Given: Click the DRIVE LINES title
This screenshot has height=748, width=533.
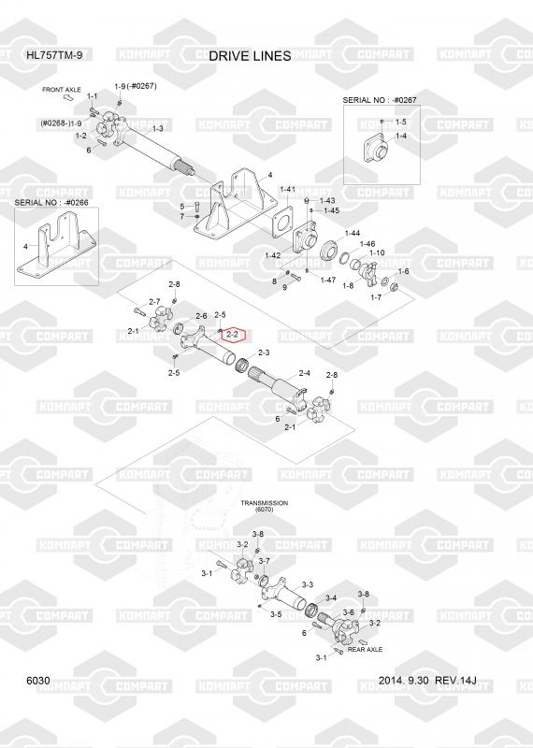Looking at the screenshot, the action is [x=250, y=56].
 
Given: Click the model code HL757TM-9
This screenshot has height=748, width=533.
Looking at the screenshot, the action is [x=54, y=55].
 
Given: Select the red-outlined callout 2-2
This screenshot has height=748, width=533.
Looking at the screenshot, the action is [x=234, y=335].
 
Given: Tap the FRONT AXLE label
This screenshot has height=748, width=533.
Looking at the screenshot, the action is [x=62, y=90].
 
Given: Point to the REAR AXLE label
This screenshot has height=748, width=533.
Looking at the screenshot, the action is [x=365, y=649].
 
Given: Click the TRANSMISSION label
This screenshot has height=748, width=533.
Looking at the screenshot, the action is [x=264, y=503].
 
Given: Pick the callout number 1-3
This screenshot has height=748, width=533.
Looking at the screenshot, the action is [x=157, y=129].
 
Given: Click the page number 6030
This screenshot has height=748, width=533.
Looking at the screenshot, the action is [x=38, y=681].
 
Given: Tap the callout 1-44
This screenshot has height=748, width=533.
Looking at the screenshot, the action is [x=353, y=233].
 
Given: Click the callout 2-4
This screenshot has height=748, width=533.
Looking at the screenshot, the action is [x=305, y=373].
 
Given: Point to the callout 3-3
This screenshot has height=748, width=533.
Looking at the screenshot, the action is [x=308, y=584].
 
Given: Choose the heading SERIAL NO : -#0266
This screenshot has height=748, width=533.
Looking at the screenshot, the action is [x=51, y=202].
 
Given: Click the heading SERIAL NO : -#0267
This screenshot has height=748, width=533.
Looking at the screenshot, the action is [x=380, y=100].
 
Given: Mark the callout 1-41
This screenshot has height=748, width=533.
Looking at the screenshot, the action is [x=287, y=190].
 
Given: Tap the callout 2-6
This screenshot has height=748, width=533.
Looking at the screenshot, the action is [x=200, y=316].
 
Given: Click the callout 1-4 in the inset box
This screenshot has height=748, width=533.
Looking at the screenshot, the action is [x=401, y=136].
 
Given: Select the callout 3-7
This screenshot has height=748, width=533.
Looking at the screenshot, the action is [x=264, y=561].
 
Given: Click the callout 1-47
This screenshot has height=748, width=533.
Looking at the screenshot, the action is [x=328, y=280].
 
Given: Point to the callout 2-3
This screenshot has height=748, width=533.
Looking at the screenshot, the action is [x=264, y=353].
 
